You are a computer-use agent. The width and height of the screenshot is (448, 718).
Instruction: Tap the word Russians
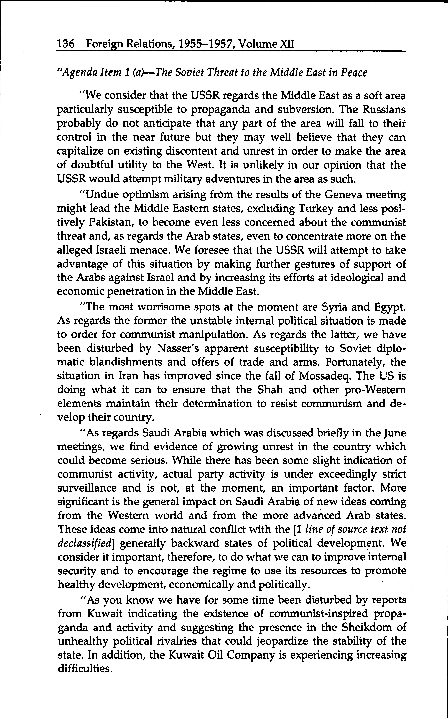[x=384, y=110]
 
